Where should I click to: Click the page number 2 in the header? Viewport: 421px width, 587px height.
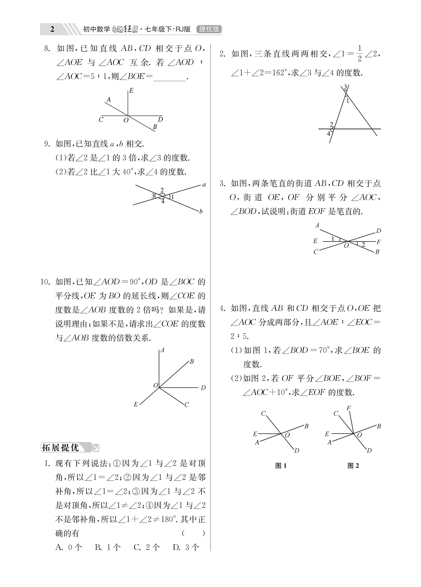point(52,29)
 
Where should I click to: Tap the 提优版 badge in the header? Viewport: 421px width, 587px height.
point(209,29)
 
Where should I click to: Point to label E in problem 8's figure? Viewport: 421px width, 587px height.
point(132,91)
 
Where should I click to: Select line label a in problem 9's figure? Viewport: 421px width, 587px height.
point(204,185)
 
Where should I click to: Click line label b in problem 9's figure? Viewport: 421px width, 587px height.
point(201,212)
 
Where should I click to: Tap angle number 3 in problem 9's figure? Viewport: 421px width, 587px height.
point(153,196)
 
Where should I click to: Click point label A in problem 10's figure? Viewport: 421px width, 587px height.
point(163,350)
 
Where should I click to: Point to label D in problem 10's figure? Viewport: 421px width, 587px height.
point(203,388)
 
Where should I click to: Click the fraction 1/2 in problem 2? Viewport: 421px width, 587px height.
point(359,53)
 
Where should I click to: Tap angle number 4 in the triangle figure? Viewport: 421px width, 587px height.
point(329,134)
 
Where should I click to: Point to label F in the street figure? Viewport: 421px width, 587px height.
point(379,242)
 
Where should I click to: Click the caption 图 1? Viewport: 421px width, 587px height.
point(281,466)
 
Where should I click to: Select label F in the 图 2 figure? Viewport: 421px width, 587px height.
point(349,408)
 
